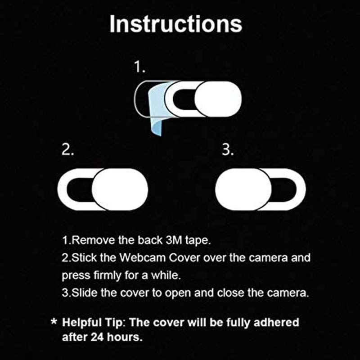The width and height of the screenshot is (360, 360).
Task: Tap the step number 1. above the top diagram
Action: tap(140, 67)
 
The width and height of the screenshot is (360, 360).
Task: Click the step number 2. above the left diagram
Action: tap(67, 151)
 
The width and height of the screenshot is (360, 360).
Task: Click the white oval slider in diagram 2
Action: tap(120, 189)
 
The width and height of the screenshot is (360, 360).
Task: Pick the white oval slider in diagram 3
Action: tap(243, 189)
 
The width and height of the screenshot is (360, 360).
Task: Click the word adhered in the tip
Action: tap(277, 323)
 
